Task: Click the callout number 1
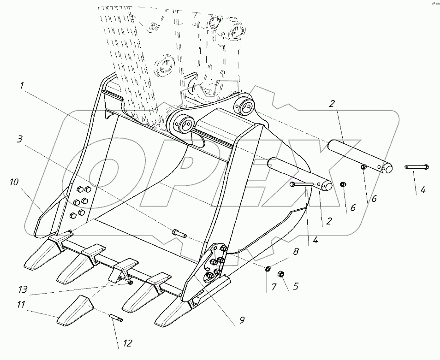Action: tap(22, 86)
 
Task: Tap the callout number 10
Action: tap(14, 183)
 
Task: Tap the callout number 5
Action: tap(296, 287)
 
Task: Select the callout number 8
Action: tap(296, 252)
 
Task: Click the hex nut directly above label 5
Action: tap(282, 275)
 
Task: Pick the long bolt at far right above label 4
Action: tap(417, 167)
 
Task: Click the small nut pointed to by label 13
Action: tap(131, 283)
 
